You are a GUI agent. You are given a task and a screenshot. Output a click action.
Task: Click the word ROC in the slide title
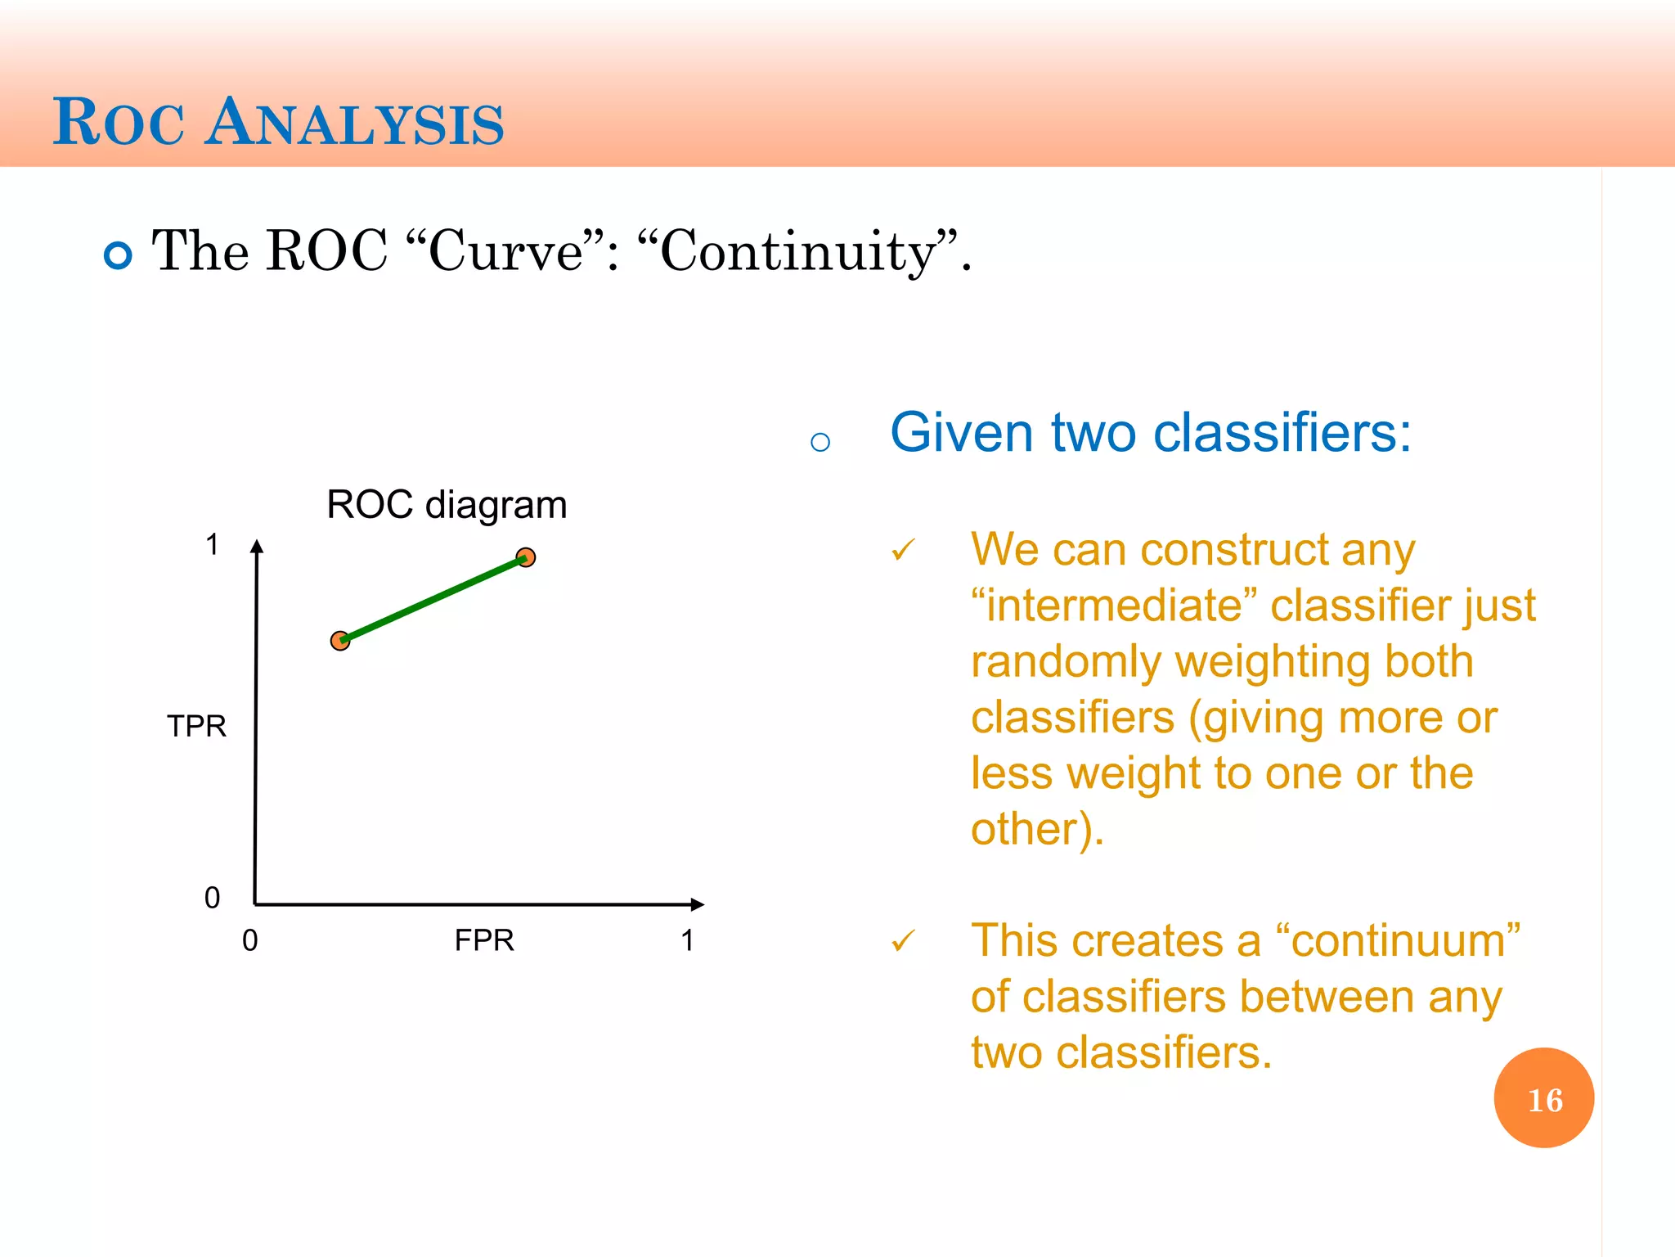119,124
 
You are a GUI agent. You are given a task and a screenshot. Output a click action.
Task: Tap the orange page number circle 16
1543,1098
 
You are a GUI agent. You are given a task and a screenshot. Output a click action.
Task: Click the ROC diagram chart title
447,504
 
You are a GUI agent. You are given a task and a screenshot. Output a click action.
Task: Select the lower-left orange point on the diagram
340,641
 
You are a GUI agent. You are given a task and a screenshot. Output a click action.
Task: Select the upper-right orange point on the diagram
526,557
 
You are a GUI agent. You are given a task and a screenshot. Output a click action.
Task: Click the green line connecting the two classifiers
433,599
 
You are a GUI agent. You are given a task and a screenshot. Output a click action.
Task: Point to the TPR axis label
196,726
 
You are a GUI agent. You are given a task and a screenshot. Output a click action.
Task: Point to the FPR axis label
484,940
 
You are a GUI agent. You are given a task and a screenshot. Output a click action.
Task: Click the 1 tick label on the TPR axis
212,544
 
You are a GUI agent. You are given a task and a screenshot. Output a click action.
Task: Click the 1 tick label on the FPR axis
688,940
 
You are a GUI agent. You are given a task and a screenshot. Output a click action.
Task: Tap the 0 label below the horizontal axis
250,940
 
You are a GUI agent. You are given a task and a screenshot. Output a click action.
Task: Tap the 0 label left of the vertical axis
212,898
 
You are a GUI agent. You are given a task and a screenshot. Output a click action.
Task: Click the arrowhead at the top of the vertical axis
257,546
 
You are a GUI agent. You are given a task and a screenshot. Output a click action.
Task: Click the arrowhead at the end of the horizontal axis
697,904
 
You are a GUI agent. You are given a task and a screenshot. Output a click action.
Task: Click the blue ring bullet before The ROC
118,255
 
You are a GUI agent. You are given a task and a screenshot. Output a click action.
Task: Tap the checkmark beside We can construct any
903,550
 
